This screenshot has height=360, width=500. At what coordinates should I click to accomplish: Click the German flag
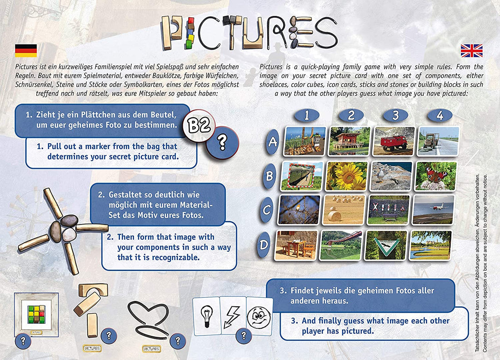pos(26,50)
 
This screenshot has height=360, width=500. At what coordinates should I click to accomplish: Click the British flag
pos(472,50)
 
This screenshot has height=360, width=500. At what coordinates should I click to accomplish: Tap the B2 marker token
pos(199,126)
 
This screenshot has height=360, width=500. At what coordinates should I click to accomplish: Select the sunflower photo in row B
pos(347,175)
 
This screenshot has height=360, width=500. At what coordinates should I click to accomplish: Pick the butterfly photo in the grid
pos(435,176)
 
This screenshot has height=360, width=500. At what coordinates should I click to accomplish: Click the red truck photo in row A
pos(394,141)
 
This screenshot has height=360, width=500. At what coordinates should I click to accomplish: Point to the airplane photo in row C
pos(434,210)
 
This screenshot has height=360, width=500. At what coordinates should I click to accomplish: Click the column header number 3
pos(396,115)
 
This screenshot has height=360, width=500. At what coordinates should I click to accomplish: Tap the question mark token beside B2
pos(222,143)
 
